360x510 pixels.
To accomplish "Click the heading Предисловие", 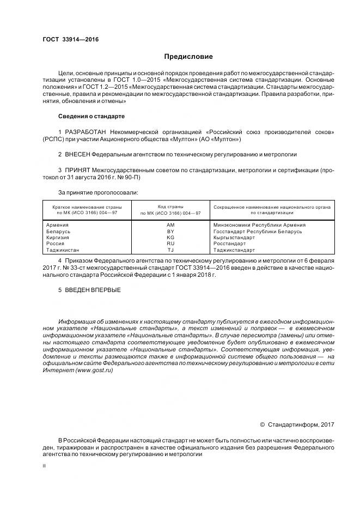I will click(x=188, y=57).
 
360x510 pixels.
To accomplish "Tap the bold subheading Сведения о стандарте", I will click(x=91, y=117).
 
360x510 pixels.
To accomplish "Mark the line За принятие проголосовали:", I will click(x=97, y=193).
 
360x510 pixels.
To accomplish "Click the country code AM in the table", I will click(x=170, y=224).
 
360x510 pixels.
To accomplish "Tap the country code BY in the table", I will click(x=170, y=231).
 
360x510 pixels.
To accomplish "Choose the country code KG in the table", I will click(x=170, y=238).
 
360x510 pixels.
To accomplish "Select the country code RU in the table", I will click(x=170, y=244).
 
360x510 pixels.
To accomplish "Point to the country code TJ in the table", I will click(x=170, y=250).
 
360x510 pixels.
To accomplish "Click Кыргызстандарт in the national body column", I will click(x=234, y=238).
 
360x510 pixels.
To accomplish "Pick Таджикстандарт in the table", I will click(x=234, y=250).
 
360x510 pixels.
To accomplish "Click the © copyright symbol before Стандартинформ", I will click(x=263, y=424).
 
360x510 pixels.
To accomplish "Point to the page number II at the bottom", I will click(x=44, y=466).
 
